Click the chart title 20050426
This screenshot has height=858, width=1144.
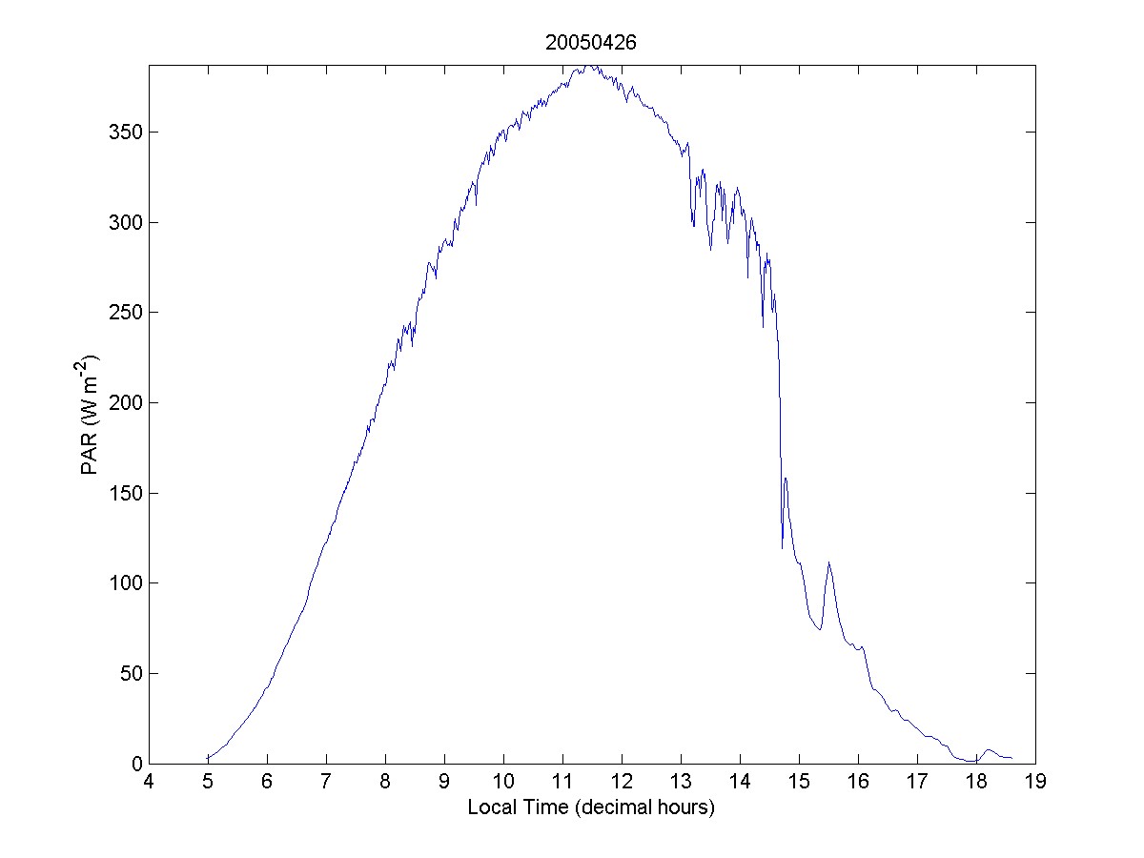[x=591, y=42]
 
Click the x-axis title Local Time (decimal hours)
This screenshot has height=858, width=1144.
[x=591, y=807]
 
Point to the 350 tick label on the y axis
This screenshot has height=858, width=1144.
[x=125, y=132]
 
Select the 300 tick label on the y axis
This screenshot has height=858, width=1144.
[x=125, y=222]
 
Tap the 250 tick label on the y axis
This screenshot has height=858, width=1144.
[x=125, y=313]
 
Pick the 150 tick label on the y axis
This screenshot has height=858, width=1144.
[x=125, y=493]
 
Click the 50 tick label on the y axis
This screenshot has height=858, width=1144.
[x=130, y=673]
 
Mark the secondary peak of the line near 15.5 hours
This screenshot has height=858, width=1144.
[x=829, y=562]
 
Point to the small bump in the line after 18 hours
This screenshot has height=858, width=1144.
[x=989, y=750]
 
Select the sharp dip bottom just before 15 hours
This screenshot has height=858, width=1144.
[x=782, y=548]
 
